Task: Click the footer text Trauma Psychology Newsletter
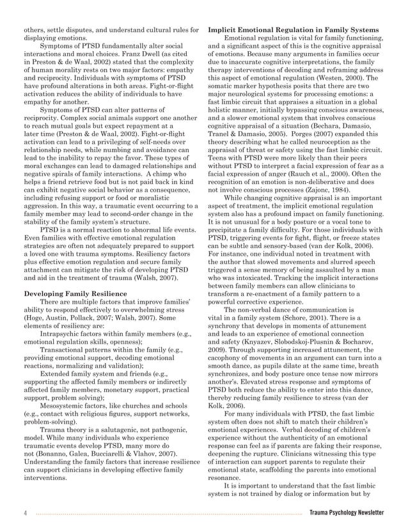(346, 512)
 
